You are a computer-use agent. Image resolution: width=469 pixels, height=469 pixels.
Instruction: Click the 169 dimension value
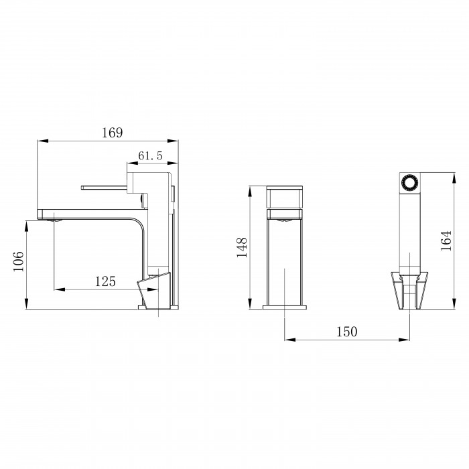point(112,133)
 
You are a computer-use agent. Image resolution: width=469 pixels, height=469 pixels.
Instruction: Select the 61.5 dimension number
point(150,155)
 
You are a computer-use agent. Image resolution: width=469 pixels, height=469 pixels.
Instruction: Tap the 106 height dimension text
point(18,261)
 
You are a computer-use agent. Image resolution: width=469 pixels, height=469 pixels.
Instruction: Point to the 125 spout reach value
point(105,281)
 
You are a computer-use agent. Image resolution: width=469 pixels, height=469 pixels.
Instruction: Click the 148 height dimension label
point(242,247)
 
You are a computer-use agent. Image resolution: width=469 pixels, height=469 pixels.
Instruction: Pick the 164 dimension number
point(446,241)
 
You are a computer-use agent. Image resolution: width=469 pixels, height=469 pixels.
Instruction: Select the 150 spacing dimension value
point(347,332)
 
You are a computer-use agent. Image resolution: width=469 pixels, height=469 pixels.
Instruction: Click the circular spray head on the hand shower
point(410,182)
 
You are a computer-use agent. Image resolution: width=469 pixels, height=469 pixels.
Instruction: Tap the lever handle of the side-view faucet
point(104,188)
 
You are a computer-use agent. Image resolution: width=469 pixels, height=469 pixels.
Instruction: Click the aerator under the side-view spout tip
point(54,220)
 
